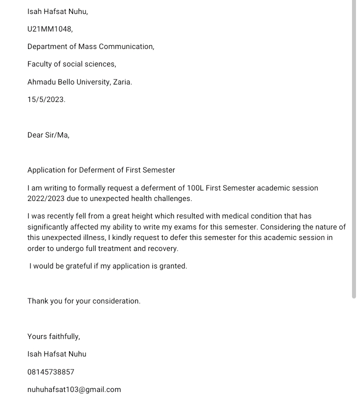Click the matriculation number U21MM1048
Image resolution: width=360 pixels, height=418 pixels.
click(x=49, y=29)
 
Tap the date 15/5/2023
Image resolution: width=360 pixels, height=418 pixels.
click(x=46, y=99)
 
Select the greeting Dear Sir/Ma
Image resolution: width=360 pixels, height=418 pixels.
click(x=48, y=135)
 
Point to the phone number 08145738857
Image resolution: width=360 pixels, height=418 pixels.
click(x=50, y=372)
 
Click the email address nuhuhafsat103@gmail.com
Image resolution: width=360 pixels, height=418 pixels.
click(x=74, y=389)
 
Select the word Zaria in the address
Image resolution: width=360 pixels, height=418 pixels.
click(x=122, y=82)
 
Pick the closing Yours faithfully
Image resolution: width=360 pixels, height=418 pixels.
click(x=53, y=336)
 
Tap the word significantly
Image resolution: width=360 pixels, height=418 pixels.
click(x=50, y=227)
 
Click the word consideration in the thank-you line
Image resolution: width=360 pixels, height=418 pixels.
click(x=116, y=301)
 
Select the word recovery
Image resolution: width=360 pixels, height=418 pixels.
click(x=162, y=248)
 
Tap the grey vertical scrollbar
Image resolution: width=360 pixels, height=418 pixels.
click(x=354, y=150)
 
